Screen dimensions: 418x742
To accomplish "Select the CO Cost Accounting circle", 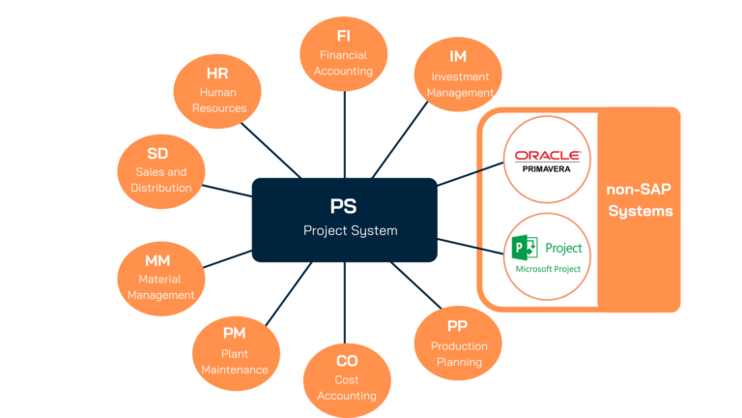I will tap(347, 377).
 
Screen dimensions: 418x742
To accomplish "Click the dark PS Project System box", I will tap(343, 220).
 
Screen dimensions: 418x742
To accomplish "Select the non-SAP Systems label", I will tap(640, 200).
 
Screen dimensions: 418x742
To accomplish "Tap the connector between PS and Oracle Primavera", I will tap(469, 174).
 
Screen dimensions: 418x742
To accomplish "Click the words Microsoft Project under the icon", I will tap(547, 269).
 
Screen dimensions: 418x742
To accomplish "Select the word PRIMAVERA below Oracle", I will tap(547, 166).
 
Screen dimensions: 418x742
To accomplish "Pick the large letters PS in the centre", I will tap(343, 207).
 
